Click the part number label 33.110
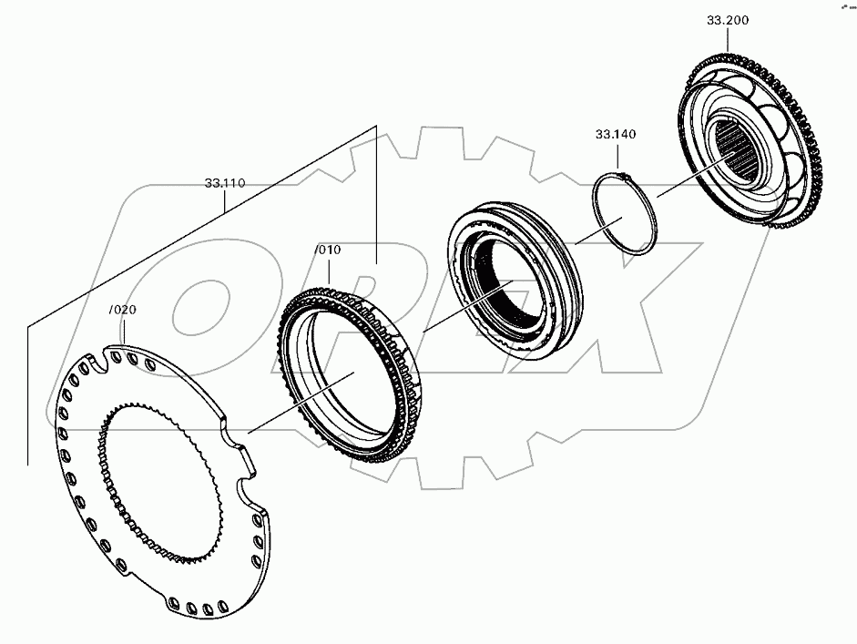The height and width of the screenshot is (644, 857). pos(224,183)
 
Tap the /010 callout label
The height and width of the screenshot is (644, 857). pos(327,250)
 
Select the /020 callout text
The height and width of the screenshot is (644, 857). pos(122,310)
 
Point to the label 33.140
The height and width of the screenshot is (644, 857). pos(616,135)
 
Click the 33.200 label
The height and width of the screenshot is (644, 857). pos(727,20)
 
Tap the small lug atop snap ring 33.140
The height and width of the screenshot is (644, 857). pos(620,174)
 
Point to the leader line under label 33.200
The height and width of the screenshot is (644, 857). pos(727,41)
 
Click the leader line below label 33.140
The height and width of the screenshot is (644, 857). pos(617,158)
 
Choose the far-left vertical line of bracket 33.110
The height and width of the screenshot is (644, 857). pos(28,392)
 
